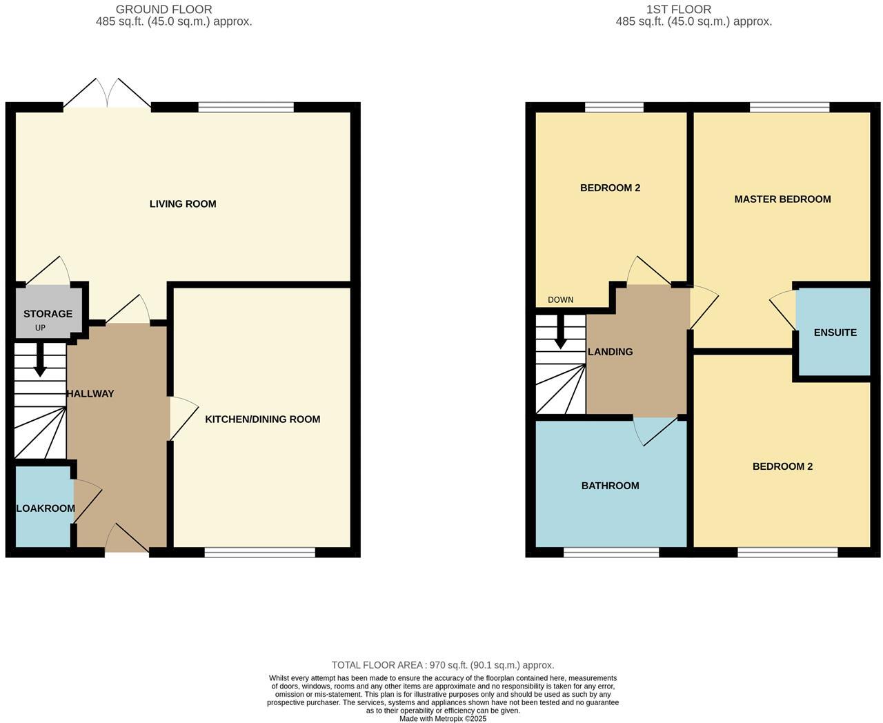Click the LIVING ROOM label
point(183,204)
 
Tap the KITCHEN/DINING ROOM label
point(262,419)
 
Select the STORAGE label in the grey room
point(48,314)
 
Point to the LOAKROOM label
point(46,508)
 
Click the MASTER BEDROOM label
point(782,199)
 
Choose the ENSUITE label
point(835,333)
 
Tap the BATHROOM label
point(610,486)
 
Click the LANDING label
point(610,352)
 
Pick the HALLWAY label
point(90,394)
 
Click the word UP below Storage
point(40,328)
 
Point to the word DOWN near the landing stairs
point(560,300)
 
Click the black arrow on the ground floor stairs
point(40,360)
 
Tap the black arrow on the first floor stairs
point(560,333)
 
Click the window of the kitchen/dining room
point(259,552)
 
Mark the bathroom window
point(611,552)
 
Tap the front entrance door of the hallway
point(127,539)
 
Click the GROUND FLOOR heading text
point(163,10)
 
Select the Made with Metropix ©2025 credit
point(443,718)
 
